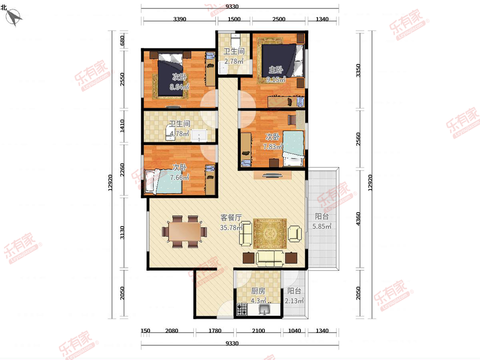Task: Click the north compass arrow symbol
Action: [x=14, y=17]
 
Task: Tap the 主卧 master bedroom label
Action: [x=276, y=70]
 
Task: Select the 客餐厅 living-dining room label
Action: [x=231, y=218]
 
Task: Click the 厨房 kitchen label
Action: [x=258, y=291]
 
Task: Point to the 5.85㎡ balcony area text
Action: [x=322, y=226]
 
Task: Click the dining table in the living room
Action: [x=184, y=232]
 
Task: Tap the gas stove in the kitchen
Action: [x=242, y=309]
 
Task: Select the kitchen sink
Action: [x=264, y=310]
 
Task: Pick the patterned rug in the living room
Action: [x=270, y=234]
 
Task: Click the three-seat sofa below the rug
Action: [x=270, y=259]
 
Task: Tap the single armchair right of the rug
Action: [x=295, y=234]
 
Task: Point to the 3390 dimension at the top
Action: [x=180, y=19]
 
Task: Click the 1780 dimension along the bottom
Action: [x=215, y=331]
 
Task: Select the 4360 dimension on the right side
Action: [x=358, y=219]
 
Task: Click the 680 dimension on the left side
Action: [x=122, y=41]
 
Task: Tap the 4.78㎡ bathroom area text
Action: [x=179, y=133]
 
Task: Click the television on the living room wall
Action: [x=272, y=175]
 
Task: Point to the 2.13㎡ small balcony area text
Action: [x=294, y=301]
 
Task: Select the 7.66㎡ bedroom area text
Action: [x=180, y=177]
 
